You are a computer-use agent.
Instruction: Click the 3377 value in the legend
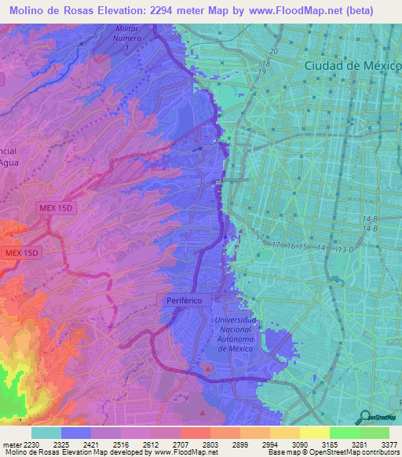[389, 444]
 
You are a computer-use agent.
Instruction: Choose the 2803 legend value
[210, 444]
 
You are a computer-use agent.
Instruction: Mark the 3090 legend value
[299, 444]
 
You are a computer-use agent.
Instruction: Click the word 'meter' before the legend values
[10, 444]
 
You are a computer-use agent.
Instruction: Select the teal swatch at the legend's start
[46, 433]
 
